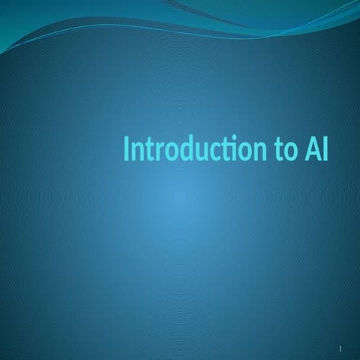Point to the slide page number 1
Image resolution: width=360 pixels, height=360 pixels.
pos(340,349)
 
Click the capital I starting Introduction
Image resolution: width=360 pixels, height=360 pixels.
pos(127,148)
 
